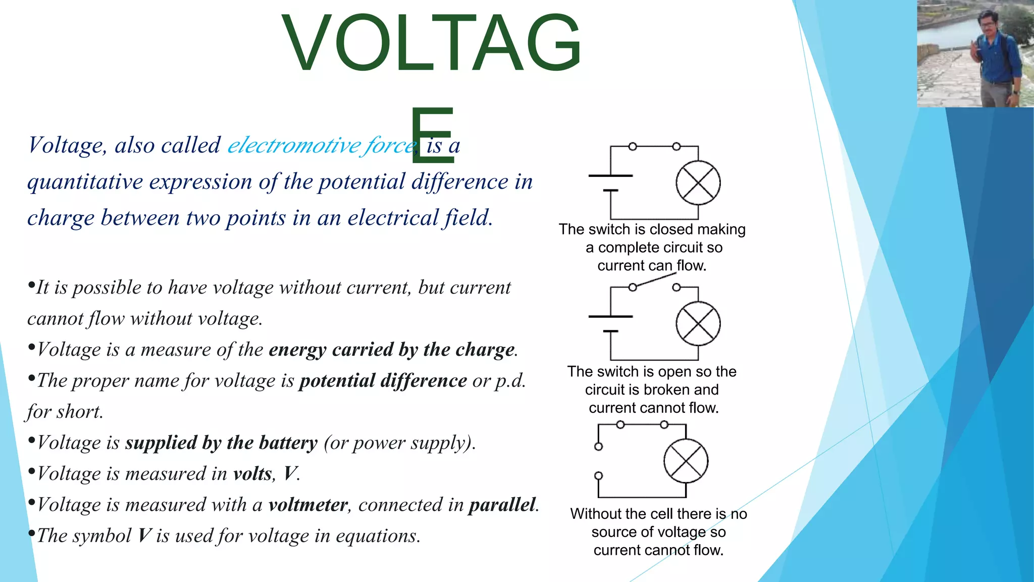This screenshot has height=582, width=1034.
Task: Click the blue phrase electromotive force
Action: pos(322,145)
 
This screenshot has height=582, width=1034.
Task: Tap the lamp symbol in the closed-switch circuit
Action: pos(698,183)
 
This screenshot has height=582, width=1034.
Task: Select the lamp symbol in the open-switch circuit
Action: pos(698,324)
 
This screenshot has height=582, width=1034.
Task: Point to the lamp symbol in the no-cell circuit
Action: pos(686,461)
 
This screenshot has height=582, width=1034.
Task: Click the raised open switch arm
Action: pos(655,280)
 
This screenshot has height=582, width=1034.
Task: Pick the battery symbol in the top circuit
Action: pos(611,183)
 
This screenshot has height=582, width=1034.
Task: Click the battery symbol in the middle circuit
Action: pos(611,324)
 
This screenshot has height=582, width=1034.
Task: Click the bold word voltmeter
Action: pos(308,505)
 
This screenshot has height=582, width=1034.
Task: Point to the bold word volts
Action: pos(252,474)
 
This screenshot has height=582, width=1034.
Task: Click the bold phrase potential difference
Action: pos(383,380)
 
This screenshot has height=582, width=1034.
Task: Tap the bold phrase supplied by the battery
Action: pos(221,443)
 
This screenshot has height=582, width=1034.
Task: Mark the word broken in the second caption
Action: pos(667,390)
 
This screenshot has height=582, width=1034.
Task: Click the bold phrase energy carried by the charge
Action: pos(392,350)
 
